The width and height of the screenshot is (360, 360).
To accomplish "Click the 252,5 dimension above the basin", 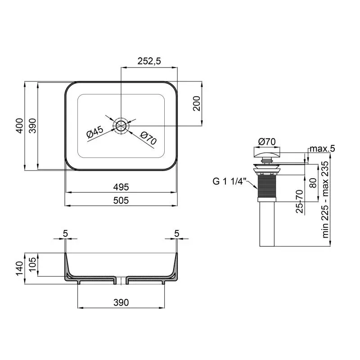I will tap(148, 62).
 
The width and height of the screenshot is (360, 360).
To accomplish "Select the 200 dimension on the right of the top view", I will tap(196, 104).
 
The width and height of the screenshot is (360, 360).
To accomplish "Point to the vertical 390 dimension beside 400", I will tap(32, 126).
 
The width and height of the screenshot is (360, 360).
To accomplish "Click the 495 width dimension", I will tap(121, 186).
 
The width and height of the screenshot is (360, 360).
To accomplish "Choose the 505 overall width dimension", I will tap(121, 201).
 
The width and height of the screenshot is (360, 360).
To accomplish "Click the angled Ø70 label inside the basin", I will tap(148, 138).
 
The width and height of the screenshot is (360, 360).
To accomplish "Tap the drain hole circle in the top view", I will tap(121, 126).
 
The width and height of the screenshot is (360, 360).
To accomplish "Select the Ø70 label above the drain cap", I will tap(267, 141).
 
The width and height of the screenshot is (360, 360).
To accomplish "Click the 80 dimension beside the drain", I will tap(313, 183).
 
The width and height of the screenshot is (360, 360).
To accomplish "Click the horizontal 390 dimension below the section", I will tap(121, 302).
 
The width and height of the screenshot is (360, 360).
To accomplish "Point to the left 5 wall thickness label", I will tap(65, 233).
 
